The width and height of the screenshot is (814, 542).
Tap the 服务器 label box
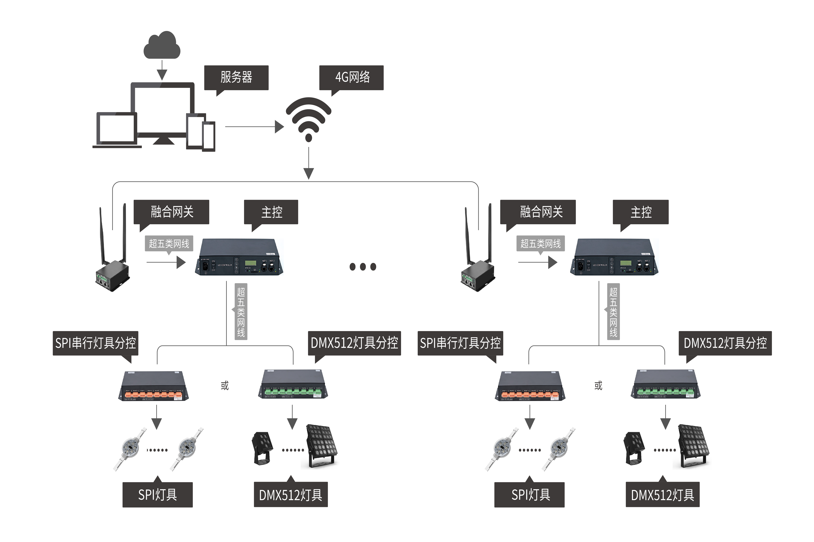236,77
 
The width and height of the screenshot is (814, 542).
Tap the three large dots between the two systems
363,267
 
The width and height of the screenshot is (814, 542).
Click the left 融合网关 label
172,212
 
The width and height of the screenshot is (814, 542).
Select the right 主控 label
641,212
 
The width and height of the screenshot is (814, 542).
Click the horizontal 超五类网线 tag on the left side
169,244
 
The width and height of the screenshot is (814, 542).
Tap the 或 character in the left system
225,385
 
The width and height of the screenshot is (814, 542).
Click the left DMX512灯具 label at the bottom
291,495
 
